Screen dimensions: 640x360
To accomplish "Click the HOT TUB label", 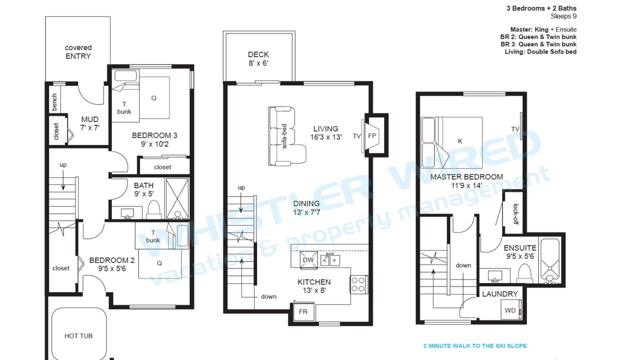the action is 78,336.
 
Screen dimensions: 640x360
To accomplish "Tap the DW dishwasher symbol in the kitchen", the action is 308,260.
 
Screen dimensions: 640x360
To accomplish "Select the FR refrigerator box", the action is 303,311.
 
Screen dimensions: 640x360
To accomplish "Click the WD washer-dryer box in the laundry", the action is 510,309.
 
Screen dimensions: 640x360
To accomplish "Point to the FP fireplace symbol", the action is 372,135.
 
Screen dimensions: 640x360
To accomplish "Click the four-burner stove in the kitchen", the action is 358,284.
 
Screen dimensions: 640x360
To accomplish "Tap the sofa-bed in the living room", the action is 286,136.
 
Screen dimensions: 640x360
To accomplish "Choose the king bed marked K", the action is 452,142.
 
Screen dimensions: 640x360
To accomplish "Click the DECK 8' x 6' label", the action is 258,59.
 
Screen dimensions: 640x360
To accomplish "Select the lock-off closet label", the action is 515,214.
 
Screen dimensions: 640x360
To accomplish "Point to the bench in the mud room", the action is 54,102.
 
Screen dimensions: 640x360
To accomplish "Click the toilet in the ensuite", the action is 524,273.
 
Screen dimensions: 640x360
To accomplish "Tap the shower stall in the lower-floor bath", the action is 177,198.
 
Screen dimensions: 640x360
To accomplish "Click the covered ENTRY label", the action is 78,51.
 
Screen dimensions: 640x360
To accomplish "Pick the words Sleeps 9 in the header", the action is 563,16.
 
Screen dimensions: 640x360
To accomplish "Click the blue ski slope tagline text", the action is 475,346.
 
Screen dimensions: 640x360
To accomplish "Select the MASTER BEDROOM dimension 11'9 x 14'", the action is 466,185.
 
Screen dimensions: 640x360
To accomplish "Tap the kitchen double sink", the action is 330,259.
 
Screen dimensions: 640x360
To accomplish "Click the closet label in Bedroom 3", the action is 162,167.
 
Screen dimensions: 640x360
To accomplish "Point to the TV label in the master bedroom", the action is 515,129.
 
